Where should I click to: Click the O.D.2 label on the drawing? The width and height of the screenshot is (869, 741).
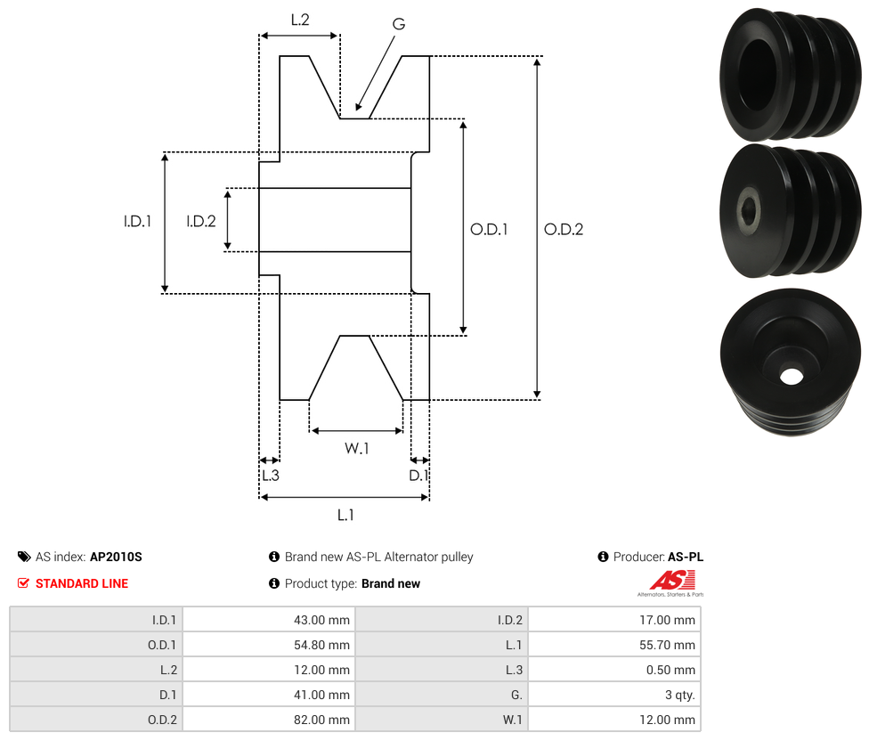pyautogui.click(x=564, y=230)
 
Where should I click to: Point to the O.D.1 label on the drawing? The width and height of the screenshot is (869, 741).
pyautogui.click(x=489, y=230)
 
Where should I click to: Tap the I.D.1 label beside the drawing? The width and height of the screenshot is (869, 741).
pyautogui.click(x=137, y=222)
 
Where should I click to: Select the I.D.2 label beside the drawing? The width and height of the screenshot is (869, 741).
pyautogui.click(x=201, y=222)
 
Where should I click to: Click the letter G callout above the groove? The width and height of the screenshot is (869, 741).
pyautogui.click(x=399, y=24)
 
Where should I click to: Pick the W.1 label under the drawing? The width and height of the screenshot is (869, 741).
pyautogui.click(x=356, y=448)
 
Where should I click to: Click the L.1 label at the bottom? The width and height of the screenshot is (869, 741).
pyautogui.click(x=345, y=516)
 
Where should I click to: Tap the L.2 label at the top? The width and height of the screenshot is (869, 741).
pyautogui.click(x=300, y=20)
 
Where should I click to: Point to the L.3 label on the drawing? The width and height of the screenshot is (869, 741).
pyautogui.click(x=271, y=476)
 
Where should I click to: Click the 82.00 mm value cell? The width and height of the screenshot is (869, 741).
pyautogui.click(x=270, y=720)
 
